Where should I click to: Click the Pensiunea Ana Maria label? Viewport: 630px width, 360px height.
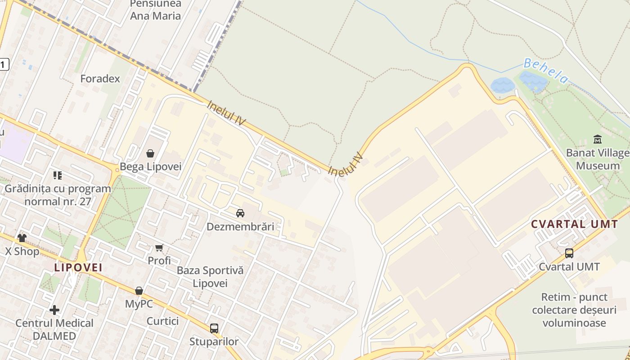pyautogui.click(x=155, y=10)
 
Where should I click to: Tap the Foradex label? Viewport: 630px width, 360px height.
pyautogui.click(x=100, y=79)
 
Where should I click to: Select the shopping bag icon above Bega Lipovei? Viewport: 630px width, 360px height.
pyautogui.click(x=150, y=153)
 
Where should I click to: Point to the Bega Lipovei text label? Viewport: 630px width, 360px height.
pyautogui.click(x=150, y=167)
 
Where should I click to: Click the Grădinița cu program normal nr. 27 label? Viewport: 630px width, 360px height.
pyautogui.click(x=58, y=195)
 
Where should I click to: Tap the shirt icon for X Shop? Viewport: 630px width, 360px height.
pyautogui.click(x=22, y=238)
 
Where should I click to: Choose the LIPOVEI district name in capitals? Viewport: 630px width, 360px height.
pyautogui.click(x=78, y=267)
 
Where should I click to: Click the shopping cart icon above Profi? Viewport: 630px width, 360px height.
pyautogui.click(x=159, y=247)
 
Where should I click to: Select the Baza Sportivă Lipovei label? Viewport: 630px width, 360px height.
pyautogui.click(x=210, y=277)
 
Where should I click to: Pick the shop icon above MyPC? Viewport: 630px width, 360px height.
pyautogui.click(x=139, y=291)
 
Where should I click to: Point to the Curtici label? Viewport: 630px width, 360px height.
pyautogui.click(x=162, y=321)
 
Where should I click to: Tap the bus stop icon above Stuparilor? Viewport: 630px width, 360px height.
pyautogui.click(x=214, y=328)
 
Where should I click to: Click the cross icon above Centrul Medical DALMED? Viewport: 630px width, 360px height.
pyautogui.click(x=54, y=310)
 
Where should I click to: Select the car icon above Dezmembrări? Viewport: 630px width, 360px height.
pyautogui.click(x=240, y=213)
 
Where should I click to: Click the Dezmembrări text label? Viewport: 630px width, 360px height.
pyautogui.click(x=240, y=226)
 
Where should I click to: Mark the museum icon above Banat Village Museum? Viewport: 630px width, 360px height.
pyautogui.click(x=598, y=139)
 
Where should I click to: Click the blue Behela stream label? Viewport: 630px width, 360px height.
pyautogui.click(x=545, y=71)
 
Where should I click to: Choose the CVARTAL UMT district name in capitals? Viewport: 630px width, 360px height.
pyautogui.click(x=574, y=224)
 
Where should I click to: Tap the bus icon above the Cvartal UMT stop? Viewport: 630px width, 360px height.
pyautogui.click(x=569, y=253)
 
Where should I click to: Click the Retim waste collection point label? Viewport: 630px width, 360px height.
pyautogui.click(x=574, y=310)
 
